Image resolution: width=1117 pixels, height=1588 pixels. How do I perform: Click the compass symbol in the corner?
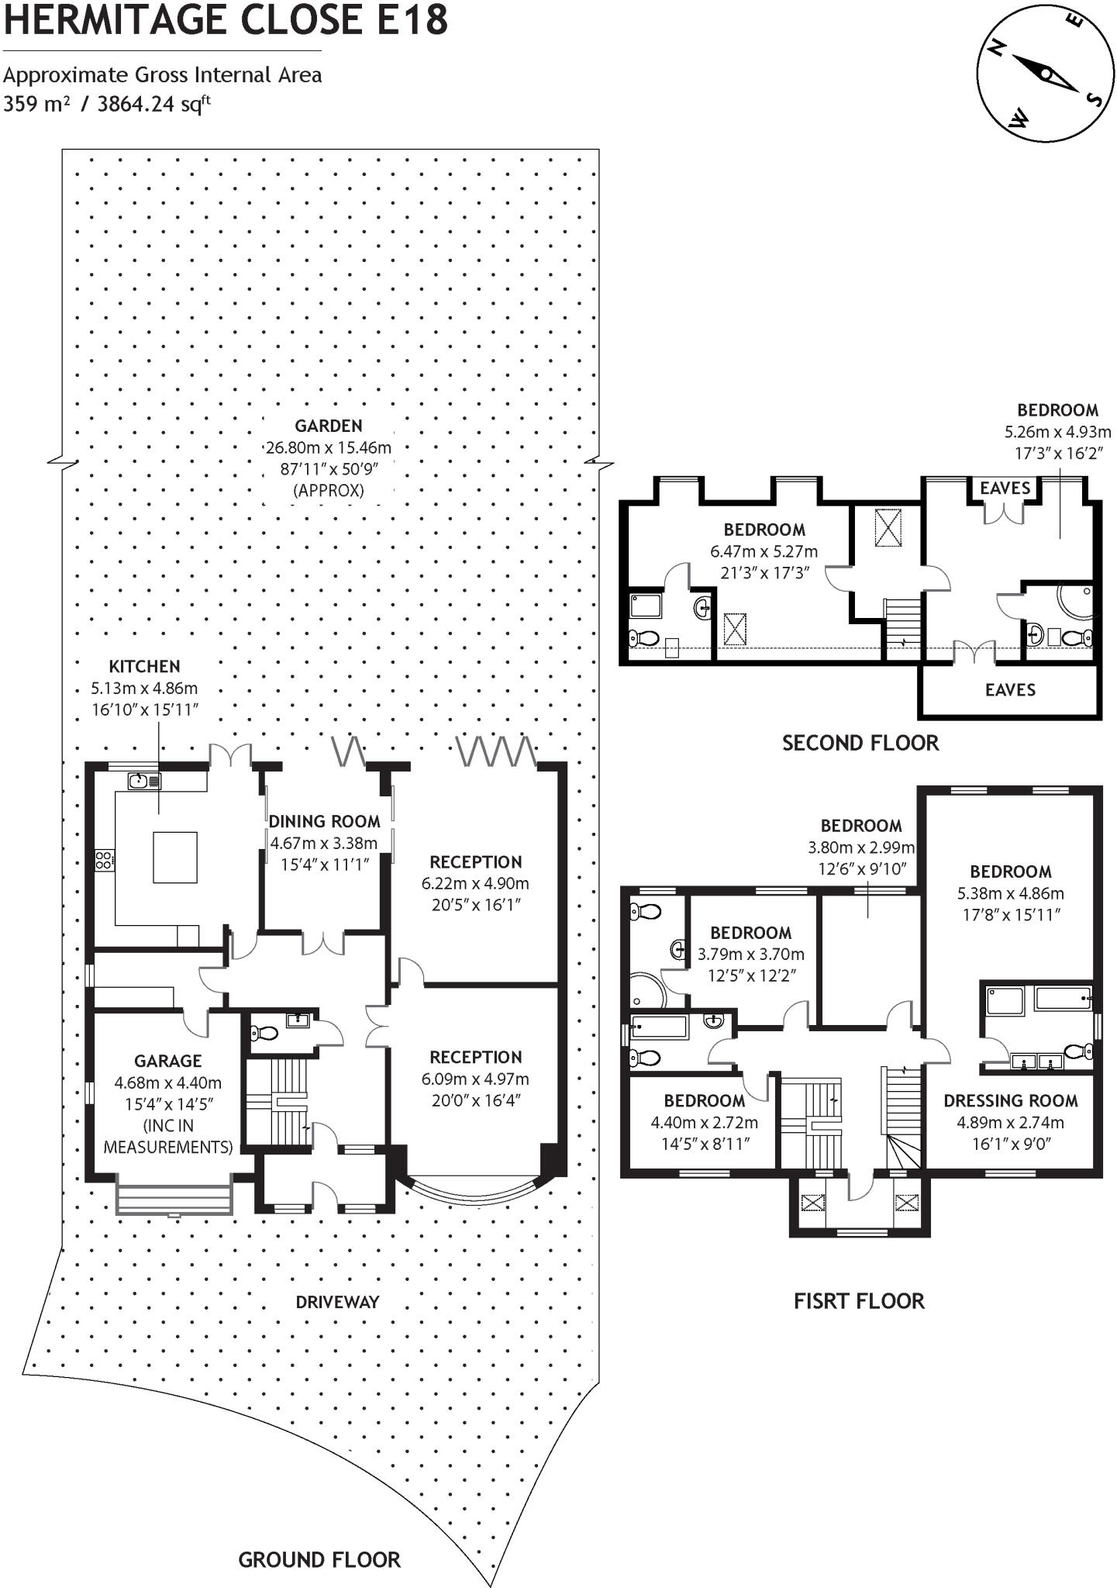pyautogui.click(x=1046, y=73)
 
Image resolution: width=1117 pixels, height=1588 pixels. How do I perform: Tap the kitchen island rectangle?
pyautogui.click(x=174, y=857)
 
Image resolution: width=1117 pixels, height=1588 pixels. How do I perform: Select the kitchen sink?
pyautogui.click(x=144, y=781)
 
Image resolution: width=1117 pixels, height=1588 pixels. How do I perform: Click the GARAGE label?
pyautogui.click(x=167, y=1061)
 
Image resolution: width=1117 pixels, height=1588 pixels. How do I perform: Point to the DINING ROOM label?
pyautogui.click(x=324, y=822)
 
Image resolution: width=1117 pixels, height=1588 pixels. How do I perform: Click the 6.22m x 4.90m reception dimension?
pyautogui.click(x=475, y=883)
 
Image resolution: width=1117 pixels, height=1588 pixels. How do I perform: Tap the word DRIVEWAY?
pyautogui.click(x=337, y=1302)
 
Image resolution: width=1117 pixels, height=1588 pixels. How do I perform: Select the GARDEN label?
pyautogui.click(x=328, y=426)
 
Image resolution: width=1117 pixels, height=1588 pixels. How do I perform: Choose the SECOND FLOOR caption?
pyautogui.click(x=860, y=743)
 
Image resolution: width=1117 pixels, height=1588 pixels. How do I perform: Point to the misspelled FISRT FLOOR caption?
pyautogui.click(x=859, y=1301)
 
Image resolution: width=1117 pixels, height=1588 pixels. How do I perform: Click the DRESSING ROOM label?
pyautogui.click(x=1010, y=1101)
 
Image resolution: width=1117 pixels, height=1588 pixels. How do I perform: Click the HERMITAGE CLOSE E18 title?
pyautogui.click(x=226, y=20)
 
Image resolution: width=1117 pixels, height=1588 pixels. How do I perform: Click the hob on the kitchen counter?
pyautogui.click(x=104, y=858)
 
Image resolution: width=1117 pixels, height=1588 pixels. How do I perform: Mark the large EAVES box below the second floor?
pyautogui.click(x=1009, y=690)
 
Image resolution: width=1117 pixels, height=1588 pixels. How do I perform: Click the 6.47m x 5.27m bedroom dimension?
pyautogui.click(x=764, y=552)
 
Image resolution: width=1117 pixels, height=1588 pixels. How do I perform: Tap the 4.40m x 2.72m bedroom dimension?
pyautogui.click(x=704, y=1122)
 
